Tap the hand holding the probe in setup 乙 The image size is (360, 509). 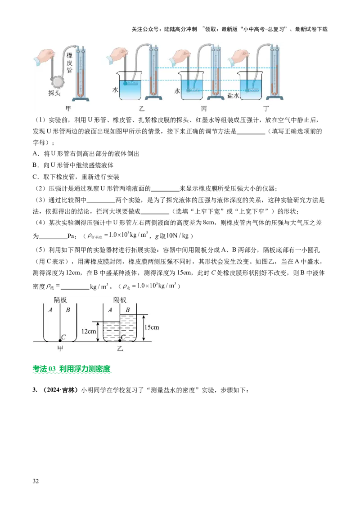point(118,56)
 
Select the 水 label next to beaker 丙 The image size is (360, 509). point(177,91)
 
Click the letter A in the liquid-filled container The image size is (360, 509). point(110,309)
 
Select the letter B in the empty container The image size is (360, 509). point(68,309)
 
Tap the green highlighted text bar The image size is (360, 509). point(72,369)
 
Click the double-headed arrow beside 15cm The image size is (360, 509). point(143,328)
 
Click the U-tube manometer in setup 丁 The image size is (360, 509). point(273,72)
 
